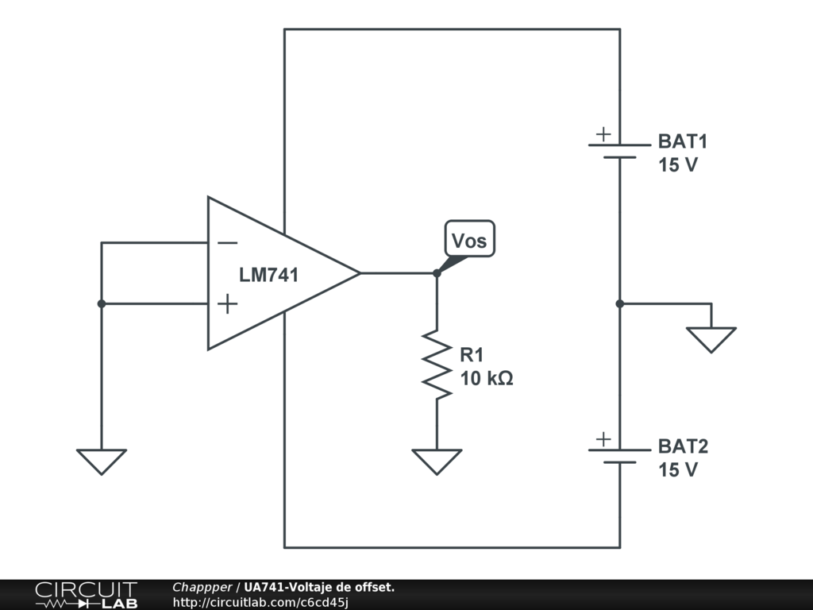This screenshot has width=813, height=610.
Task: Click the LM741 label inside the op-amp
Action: tap(269, 276)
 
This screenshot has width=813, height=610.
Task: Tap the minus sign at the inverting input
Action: tap(227, 243)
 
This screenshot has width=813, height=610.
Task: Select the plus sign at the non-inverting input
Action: tap(227, 303)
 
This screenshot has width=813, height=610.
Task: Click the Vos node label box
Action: tap(469, 239)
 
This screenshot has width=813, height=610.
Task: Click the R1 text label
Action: tap(472, 355)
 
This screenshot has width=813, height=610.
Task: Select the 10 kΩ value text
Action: tap(487, 379)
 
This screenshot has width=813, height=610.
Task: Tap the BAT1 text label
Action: tap(682, 142)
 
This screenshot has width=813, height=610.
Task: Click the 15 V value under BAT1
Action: tap(677, 166)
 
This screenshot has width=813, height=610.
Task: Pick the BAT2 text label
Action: tap(682, 446)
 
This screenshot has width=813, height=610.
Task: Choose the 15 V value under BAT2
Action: tap(677, 470)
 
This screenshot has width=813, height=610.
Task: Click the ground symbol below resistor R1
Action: tap(437, 461)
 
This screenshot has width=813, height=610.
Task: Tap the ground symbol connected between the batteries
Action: tap(711, 339)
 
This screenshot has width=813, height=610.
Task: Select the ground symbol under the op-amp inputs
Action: tap(102, 461)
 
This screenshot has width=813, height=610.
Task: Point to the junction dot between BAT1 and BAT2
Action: tap(620, 303)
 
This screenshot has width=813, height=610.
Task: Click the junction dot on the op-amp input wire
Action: tap(102, 303)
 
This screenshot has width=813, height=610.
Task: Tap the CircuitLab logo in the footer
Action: tap(86, 594)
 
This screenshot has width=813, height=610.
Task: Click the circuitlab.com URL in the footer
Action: tap(260, 603)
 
